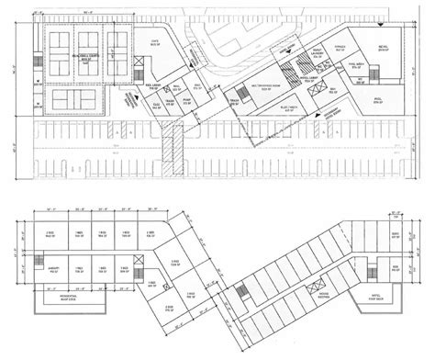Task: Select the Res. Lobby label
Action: [x=155, y=84]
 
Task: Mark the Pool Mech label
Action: [x=356, y=66]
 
